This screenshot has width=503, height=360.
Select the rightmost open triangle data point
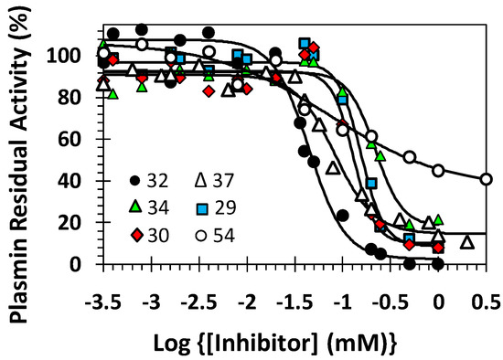[467, 242]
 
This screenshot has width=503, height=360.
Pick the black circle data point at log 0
[439, 264]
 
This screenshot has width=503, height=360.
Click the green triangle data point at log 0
[440, 220]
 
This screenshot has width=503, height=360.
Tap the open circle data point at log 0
[439, 171]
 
